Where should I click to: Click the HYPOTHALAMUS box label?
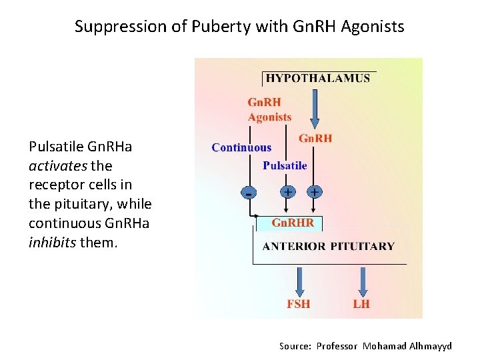[x=318, y=78]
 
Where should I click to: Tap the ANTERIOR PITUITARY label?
[x=328, y=246]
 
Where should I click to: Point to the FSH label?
[x=298, y=304]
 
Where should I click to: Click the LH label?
[x=361, y=304]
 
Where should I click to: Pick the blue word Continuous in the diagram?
[x=241, y=148]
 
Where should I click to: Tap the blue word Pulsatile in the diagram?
[x=285, y=165]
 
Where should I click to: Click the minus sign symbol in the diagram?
[x=249, y=193]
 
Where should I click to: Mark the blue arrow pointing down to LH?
[x=363, y=281]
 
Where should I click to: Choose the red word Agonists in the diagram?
[x=269, y=117]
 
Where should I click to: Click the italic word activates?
[x=57, y=165]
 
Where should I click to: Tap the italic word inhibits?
[x=53, y=242]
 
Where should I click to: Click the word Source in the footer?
[x=294, y=346]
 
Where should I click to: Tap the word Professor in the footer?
[x=337, y=346]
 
